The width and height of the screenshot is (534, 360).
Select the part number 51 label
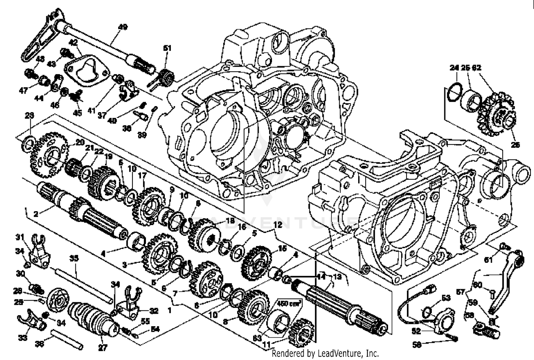pos(167,48)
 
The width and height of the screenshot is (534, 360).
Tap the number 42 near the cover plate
pos(73,43)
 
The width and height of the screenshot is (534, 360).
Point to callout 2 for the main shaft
pos(36,214)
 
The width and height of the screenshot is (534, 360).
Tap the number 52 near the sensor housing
pos(416,331)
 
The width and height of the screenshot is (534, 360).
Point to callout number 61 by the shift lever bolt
pos(488,260)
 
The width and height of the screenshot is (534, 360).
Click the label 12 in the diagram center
pos(277,225)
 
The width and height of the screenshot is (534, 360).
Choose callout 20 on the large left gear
pos(80,142)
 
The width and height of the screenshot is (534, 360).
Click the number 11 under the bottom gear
pos(276,345)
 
